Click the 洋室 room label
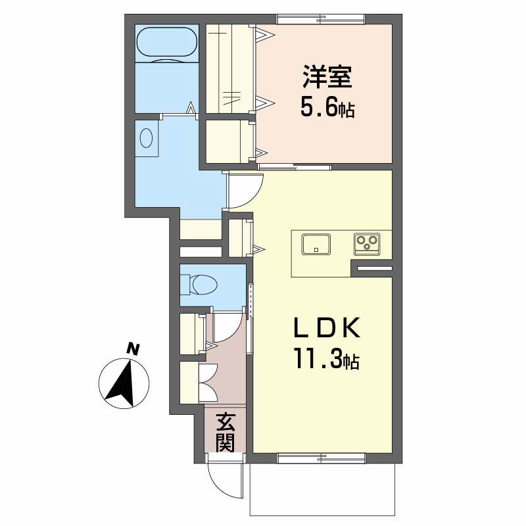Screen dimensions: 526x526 [x=327, y=78]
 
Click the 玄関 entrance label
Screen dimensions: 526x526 [x=225, y=432]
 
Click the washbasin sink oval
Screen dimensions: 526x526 [x=147, y=139]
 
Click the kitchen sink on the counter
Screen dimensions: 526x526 [x=317, y=244]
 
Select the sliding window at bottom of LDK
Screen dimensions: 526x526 [x=322, y=455]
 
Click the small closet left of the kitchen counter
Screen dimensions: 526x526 [x=239, y=238]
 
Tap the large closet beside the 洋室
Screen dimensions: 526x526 [x=229, y=68]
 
